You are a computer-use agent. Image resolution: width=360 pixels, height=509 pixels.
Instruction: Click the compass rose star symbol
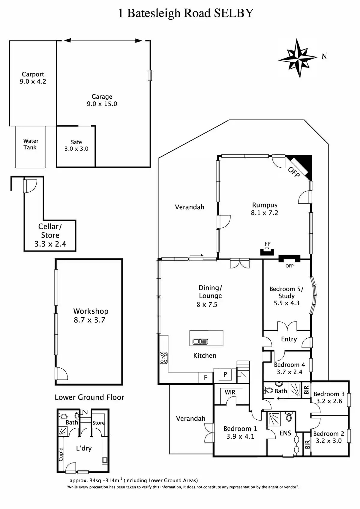(x=298, y=58)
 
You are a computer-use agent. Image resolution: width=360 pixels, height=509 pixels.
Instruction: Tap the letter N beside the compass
(x=324, y=56)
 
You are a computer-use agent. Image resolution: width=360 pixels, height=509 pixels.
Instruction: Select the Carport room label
(x=33, y=74)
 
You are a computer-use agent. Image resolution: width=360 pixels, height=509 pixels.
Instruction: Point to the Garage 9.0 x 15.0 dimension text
(x=102, y=104)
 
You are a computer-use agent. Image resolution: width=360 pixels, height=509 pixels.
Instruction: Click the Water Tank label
(x=31, y=144)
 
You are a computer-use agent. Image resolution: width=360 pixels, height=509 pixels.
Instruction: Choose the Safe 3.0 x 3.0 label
(x=76, y=145)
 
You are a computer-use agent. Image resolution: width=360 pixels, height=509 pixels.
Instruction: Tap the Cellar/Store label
(x=50, y=231)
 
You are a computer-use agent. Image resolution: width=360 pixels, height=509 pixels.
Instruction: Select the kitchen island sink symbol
(x=200, y=341)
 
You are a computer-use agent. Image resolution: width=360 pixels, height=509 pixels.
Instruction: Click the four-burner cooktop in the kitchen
(x=163, y=358)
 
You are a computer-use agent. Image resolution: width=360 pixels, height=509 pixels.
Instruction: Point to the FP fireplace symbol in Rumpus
(x=267, y=252)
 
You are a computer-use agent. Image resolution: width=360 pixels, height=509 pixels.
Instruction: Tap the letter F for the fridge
(x=205, y=377)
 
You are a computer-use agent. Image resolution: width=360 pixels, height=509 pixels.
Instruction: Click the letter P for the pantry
(x=225, y=374)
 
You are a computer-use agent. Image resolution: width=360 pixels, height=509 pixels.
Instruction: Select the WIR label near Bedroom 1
(x=230, y=392)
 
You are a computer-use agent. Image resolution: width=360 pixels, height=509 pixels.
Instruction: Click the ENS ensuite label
(x=285, y=433)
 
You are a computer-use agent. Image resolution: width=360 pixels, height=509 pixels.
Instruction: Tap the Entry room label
(x=289, y=339)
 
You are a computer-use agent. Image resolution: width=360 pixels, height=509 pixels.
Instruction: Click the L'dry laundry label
(x=84, y=448)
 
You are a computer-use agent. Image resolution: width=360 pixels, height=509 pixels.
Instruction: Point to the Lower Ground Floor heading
(x=89, y=397)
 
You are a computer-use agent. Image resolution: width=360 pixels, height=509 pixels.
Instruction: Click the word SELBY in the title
(x=234, y=13)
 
